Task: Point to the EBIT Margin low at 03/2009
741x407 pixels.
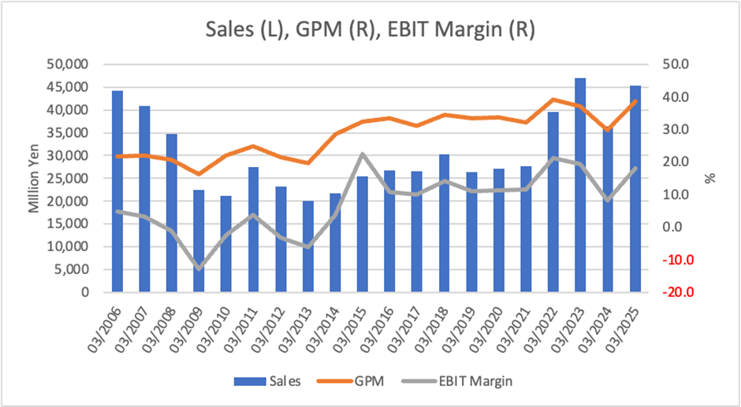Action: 199,269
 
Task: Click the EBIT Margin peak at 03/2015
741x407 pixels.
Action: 363,154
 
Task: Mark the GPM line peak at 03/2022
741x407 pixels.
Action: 553,99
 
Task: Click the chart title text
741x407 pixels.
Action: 370,30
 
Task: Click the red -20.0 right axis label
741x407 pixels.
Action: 678,292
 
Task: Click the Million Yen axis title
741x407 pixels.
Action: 34,178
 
